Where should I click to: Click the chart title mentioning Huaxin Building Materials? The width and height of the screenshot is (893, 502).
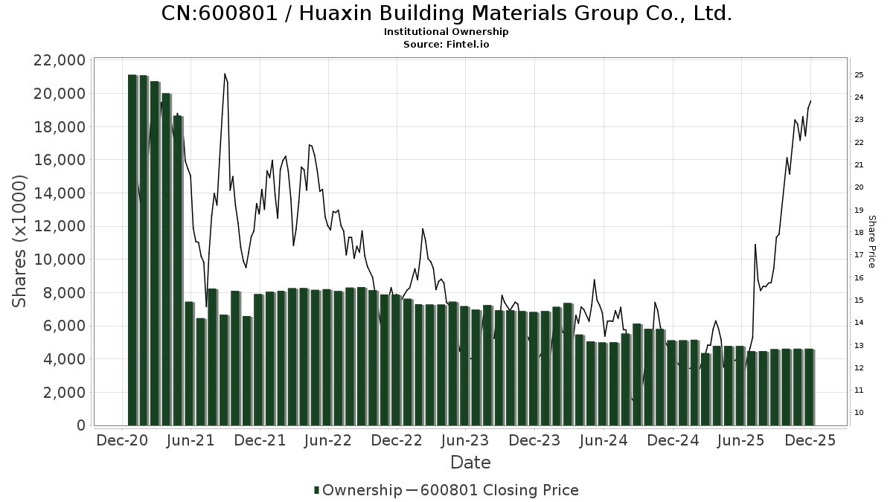tap(446, 13)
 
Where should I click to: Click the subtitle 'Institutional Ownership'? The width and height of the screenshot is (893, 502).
tap(446, 32)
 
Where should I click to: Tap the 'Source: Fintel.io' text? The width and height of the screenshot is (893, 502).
tap(446, 44)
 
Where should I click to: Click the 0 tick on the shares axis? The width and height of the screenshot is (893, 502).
tap(80, 425)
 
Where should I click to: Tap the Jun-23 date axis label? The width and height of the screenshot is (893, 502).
tap(466, 441)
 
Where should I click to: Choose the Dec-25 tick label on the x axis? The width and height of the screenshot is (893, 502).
tap(810, 441)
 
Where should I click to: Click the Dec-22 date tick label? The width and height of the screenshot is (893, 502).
tap(397, 441)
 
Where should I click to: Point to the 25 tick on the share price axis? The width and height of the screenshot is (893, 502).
tap(858, 75)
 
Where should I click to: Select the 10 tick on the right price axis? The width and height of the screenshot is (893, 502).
tap(858, 413)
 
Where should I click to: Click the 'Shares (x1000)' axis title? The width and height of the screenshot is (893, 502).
tap(20, 241)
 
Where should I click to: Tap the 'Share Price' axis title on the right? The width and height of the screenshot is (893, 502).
tap(871, 242)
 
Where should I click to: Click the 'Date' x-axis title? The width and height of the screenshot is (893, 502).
tap(470, 463)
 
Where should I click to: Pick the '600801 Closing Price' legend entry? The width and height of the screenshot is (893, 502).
tap(499, 490)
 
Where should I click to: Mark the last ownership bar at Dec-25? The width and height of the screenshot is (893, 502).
tap(809, 387)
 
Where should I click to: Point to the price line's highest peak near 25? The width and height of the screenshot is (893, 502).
tap(225, 74)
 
